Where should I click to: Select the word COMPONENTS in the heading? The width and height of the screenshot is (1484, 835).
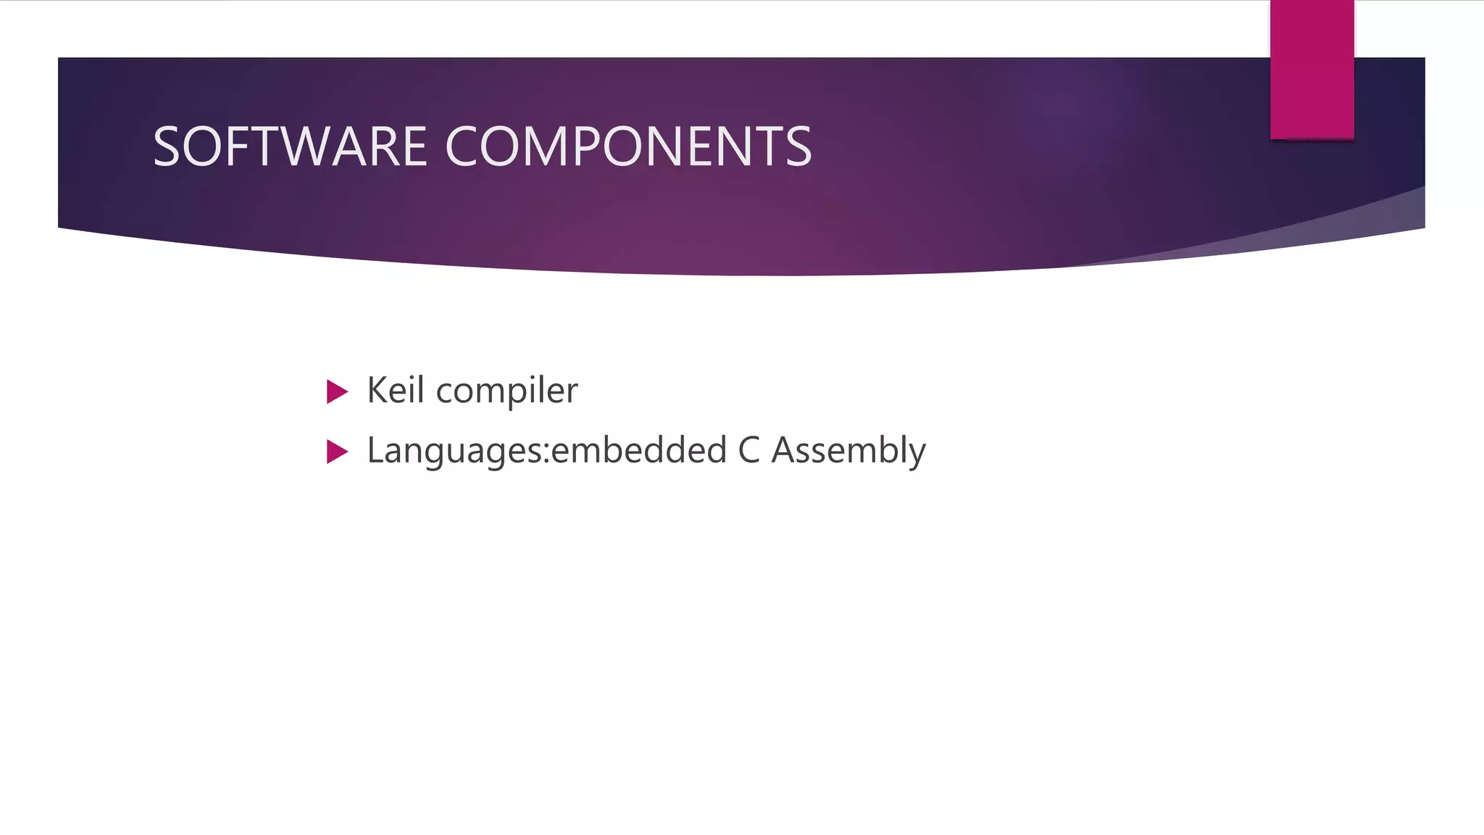628,146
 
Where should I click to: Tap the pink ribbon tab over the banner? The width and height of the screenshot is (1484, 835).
1312,70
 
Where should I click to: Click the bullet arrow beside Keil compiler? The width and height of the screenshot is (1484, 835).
337,391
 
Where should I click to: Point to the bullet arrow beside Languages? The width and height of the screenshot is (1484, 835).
337,452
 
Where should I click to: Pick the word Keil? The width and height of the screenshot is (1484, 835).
395,390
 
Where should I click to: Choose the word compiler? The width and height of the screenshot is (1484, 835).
507,391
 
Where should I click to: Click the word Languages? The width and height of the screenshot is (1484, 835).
455,451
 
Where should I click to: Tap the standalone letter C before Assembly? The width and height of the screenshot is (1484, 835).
749,450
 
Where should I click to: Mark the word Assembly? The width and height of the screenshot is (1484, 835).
849,451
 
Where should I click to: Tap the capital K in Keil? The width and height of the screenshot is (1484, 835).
376,390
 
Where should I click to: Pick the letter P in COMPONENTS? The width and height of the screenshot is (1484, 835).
591,146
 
